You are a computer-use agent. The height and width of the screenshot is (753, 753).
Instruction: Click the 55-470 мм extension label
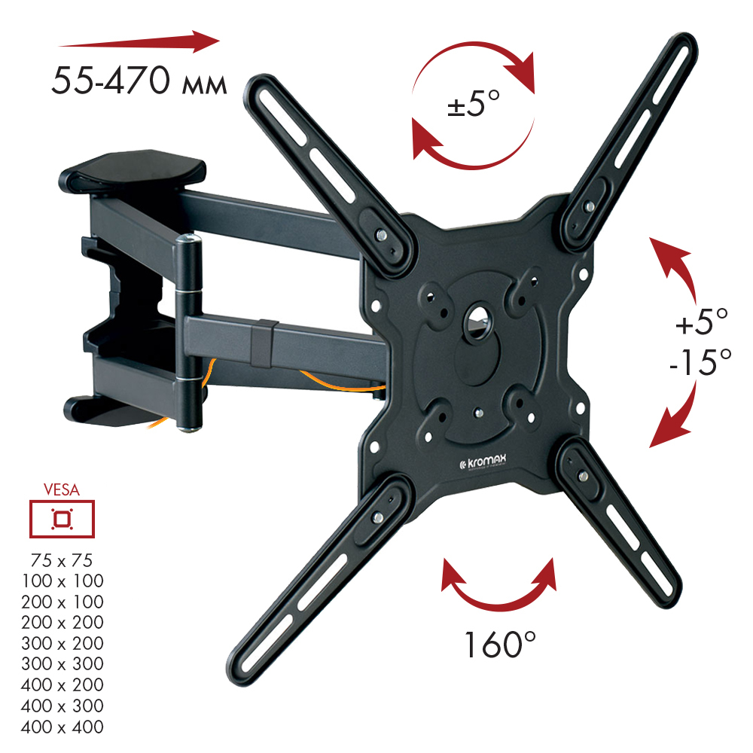pyautogui.click(x=139, y=81)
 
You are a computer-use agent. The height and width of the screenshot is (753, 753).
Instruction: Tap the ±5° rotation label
pyautogui.click(x=474, y=102)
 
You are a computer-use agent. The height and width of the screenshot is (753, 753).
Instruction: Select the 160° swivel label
pyautogui.click(x=499, y=645)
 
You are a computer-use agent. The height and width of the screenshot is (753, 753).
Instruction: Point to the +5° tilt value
pyautogui.click(x=702, y=322)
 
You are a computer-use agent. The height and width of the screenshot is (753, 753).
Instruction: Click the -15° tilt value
pyautogui.click(x=700, y=361)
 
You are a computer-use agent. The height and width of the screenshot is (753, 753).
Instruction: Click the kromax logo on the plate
pyautogui.click(x=483, y=462)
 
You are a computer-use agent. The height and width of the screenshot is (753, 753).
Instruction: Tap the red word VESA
pyautogui.click(x=62, y=490)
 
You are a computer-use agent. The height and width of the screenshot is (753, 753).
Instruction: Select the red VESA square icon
pyautogui.click(x=62, y=519)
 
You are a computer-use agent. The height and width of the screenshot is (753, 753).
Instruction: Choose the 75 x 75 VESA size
pyautogui.click(x=62, y=560)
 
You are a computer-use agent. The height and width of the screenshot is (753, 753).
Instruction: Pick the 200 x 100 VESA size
pyautogui.click(x=62, y=602)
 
